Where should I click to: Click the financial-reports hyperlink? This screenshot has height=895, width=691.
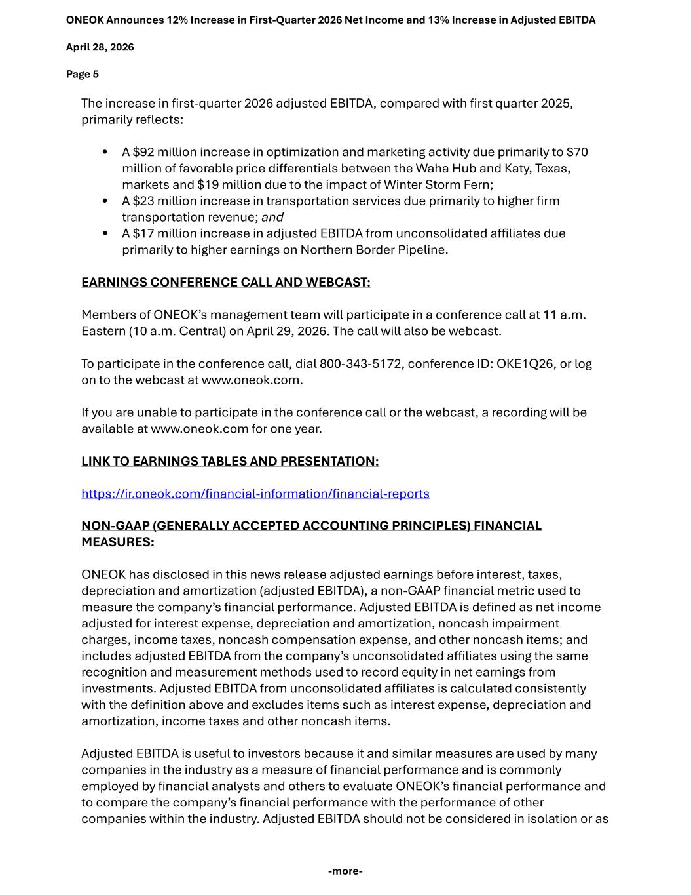pyautogui.click(x=255, y=494)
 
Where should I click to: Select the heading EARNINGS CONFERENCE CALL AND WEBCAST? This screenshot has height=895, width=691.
pyautogui.click(x=225, y=283)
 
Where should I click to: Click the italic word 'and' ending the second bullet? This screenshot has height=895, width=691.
pyautogui.click(x=272, y=218)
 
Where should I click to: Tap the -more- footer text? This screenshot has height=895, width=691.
pyautogui.click(x=345, y=871)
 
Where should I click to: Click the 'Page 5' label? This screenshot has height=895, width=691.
pyautogui.click(x=83, y=75)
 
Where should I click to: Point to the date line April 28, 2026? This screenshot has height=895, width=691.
pyautogui.click(x=100, y=47)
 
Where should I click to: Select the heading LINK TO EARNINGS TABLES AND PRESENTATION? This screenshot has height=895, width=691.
pyautogui.click(x=230, y=462)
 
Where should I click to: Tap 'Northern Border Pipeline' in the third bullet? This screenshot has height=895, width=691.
pyautogui.click(x=373, y=250)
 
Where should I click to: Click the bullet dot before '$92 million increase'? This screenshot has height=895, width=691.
pyautogui.click(x=105, y=153)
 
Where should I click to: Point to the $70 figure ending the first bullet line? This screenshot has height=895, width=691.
pyautogui.click(x=577, y=153)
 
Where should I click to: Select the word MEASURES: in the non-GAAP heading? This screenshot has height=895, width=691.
pyautogui.click(x=118, y=542)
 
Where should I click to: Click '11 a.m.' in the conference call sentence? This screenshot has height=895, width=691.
pyautogui.click(x=565, y=315)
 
